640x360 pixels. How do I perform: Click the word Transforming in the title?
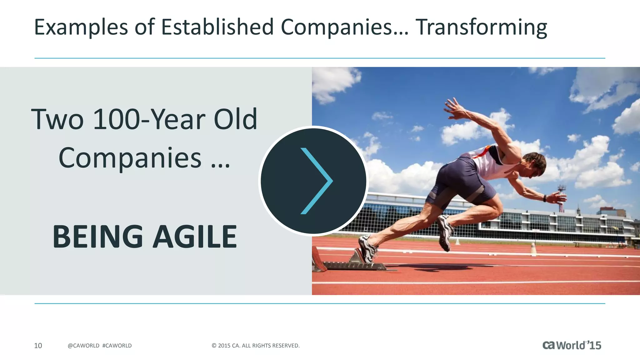(x=481, y=27)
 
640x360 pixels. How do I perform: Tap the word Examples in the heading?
(x=81, y=27)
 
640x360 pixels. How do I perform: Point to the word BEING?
(x=97, y=237)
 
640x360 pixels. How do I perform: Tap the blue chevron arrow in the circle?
(x=316, y=181)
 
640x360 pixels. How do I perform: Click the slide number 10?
(x=38, y=346)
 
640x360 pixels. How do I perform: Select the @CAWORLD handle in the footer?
(x=83, y=346)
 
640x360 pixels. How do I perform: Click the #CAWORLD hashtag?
(x=117, y=346)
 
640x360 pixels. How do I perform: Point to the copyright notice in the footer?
(x=255, y=346)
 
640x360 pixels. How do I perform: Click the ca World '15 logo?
(x=572, y=345)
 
